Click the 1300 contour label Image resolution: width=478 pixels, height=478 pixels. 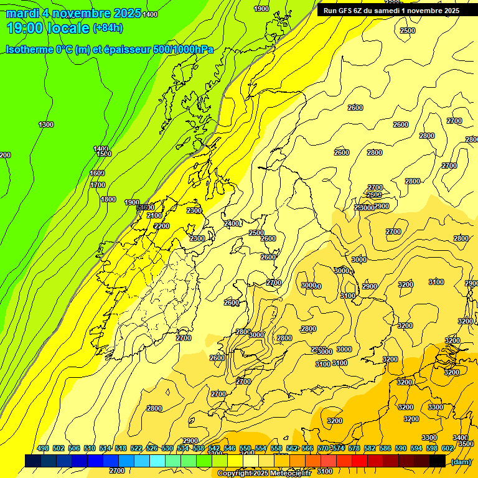[x=46, y=124]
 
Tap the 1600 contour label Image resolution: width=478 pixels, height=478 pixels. [x=97, y=174]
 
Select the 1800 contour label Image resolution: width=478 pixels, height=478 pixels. [x=108, y=200]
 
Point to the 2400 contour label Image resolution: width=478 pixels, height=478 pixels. [x=232, y=223]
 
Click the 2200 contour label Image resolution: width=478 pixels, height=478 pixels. [x=162, y=226]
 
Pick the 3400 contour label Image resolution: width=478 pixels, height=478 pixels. [x=461, y=438]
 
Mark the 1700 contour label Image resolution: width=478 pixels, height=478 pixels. [x=98, y=185]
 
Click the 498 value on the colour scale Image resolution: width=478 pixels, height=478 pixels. [x=43, y=449]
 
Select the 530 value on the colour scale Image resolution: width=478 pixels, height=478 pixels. [x=167, y=449]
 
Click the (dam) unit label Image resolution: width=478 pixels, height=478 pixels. [x=461, y=461]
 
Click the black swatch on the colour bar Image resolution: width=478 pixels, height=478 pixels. [x=438, y=461]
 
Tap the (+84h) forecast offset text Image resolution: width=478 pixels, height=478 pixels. [x=108, y=28]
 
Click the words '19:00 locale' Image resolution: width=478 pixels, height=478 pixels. [x=48, y=28]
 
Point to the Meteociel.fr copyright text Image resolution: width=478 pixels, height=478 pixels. [x=265, y=474]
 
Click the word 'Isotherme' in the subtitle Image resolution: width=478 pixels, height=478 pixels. [x=29, y=49]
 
